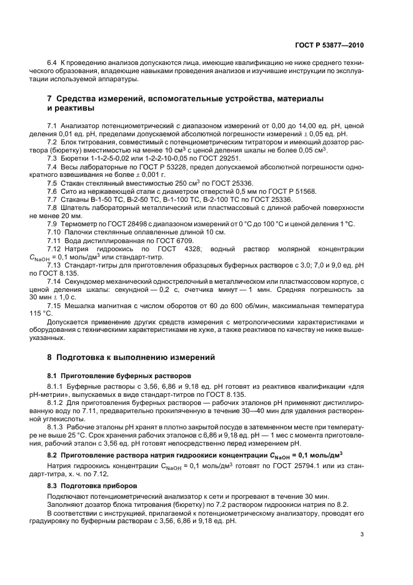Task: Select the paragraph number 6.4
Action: (52, 64)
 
